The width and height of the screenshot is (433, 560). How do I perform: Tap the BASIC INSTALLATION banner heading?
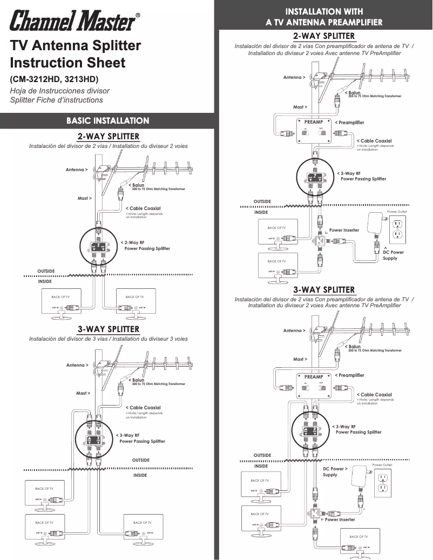pyautogui.click(x=107, y=120)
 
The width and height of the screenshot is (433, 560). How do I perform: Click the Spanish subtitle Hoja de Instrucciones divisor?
pyautogui.click(x=59, y=91)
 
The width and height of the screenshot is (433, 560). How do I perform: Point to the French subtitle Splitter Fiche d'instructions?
pyautogui.click(x=56, y=100)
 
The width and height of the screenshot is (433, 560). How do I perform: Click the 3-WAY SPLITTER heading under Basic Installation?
pyautogui.click(x=108, y=329)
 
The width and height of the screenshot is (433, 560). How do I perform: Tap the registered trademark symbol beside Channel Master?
pyautogui.click(x=138, y=15)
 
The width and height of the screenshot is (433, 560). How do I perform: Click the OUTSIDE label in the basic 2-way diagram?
pyautogui.click(x=46, y=271)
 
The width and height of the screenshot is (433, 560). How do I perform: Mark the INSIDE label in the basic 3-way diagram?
pyautogui.click(x=140, y=476)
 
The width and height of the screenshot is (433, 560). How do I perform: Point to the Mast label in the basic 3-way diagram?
pyautogui.click(x=83, y=393)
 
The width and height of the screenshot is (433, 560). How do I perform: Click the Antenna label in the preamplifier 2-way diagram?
pyautogui.click(x=294, y=78)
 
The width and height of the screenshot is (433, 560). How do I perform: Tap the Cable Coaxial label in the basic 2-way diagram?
pyautogui.click(x=144, y=208)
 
